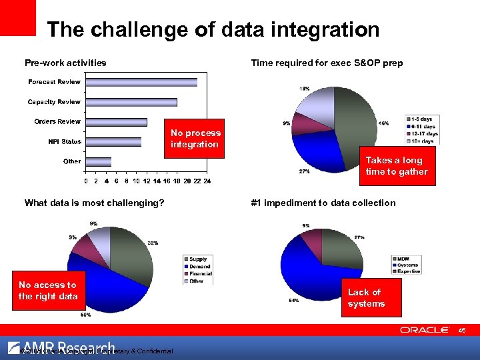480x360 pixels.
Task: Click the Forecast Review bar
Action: tap(141, 82)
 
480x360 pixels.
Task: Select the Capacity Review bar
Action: tap(131, 102)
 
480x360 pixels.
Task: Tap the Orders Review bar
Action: tap(116, 122)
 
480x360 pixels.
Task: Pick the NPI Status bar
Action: tap(113, 141)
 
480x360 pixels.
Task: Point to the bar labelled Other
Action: tap(99, 161)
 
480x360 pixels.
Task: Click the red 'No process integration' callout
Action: tap(194, 139)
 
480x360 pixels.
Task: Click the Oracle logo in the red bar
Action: tap(425, 330)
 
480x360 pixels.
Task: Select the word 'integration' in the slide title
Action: tap(323, 30)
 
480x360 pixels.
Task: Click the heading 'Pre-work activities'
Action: tap(65, 63)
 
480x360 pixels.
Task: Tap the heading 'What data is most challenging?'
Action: tap(94, 203)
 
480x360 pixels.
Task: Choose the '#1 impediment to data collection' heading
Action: tap(323, 203)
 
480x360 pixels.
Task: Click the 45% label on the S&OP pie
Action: tap(384, 123)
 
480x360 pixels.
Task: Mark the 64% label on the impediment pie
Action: tap(293, 301)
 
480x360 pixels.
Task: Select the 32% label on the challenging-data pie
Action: tap(153, 243)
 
